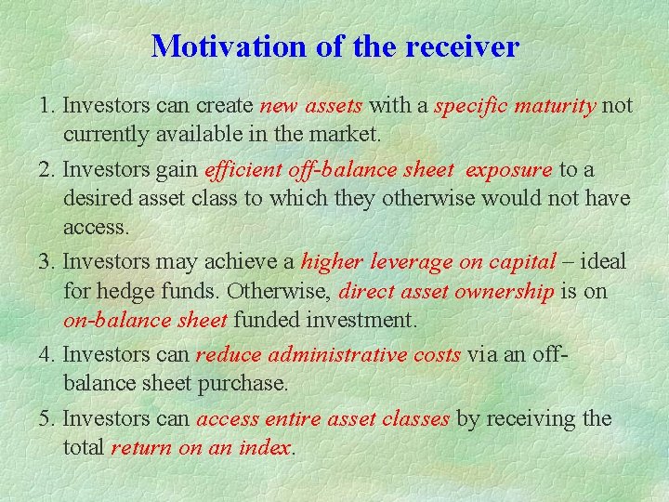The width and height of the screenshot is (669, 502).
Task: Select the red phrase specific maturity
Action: click(x=515, y=106)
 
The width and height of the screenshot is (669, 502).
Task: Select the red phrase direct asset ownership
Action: click(x=446, y=292)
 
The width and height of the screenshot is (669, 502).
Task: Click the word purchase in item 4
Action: click(x=252, y=384)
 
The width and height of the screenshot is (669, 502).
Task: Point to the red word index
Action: click(x=268, y=448)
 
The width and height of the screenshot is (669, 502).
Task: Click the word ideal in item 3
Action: click(x=603, y=263)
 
